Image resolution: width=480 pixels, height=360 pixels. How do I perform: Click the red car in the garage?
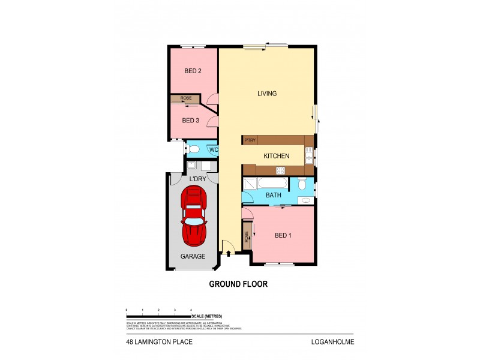(x=194, y=216)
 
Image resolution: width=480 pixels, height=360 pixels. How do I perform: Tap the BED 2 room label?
(x=192, y=71)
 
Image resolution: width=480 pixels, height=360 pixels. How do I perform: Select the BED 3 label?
(x=190, y=121)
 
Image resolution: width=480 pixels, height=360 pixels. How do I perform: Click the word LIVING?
(x=267, y=94)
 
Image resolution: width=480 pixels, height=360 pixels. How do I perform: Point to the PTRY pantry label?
(x=250, y=140)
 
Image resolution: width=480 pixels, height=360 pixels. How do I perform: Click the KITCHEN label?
(x=277, y=156)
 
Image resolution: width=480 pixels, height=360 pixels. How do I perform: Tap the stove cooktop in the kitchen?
(x=280, y=171)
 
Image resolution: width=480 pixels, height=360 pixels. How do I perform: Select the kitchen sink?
(x=308, y=157)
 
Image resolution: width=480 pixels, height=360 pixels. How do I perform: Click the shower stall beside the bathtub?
(x=250, y=184)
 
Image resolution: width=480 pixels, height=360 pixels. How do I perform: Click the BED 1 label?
(x=283, y=236)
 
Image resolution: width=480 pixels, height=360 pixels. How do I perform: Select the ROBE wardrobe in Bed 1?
(x=247, y=236)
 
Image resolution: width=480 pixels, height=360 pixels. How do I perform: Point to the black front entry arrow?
(x=228, y=253)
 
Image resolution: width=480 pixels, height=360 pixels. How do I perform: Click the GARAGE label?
(x=193, y=256)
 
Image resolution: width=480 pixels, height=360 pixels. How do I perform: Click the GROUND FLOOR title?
(x=238, y=284)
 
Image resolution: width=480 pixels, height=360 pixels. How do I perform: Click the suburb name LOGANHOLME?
(x=328, y=343)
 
